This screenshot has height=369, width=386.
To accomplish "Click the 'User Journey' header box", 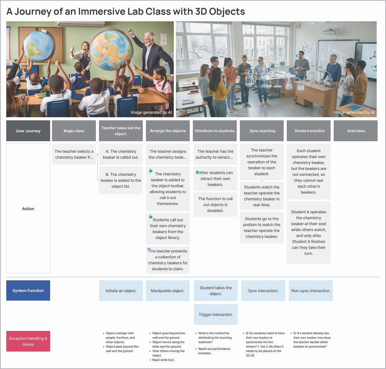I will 28,131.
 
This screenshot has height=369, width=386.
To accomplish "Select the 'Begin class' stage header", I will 74,131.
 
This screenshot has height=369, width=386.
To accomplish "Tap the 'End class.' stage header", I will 356,131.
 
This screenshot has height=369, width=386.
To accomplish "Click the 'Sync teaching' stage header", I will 262,131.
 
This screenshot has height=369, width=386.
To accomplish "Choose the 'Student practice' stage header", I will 309,131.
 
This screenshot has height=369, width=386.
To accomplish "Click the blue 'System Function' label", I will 28,291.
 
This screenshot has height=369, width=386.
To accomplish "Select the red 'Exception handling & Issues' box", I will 28,341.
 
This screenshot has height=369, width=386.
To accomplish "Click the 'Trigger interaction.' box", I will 216,314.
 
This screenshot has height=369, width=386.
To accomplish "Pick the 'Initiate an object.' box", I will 121,291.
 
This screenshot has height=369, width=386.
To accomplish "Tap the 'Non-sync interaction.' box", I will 311,291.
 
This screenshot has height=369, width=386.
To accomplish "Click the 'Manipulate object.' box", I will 168,291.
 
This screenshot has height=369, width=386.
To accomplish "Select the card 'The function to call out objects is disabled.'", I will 216,204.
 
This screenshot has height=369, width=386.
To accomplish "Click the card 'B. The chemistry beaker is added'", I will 121,180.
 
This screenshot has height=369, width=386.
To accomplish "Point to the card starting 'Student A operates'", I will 309,232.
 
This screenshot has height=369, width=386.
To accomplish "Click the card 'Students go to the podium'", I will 262,228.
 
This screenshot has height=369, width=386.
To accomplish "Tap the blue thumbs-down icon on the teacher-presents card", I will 149,250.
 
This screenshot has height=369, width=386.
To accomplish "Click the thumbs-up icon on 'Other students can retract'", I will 197,172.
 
